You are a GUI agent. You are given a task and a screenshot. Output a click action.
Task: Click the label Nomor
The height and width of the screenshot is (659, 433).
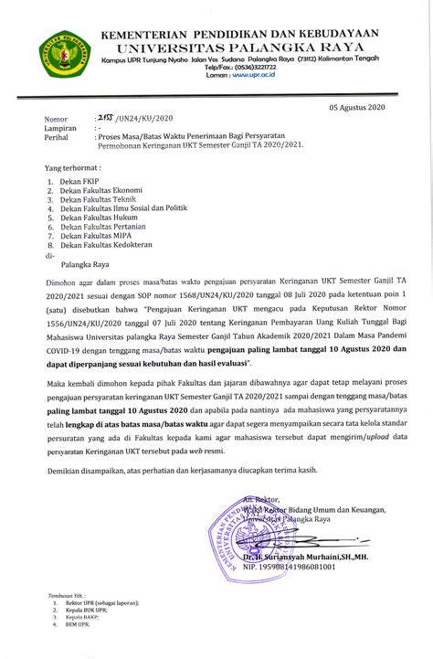pyautogui.click(x=57, y=120)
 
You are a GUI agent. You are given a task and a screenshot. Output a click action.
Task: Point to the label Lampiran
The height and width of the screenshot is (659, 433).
pyautogui.click(x=61, y=129)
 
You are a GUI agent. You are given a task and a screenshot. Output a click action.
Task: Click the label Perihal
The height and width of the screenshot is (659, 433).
pyautogui.click(x=58, y=138)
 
